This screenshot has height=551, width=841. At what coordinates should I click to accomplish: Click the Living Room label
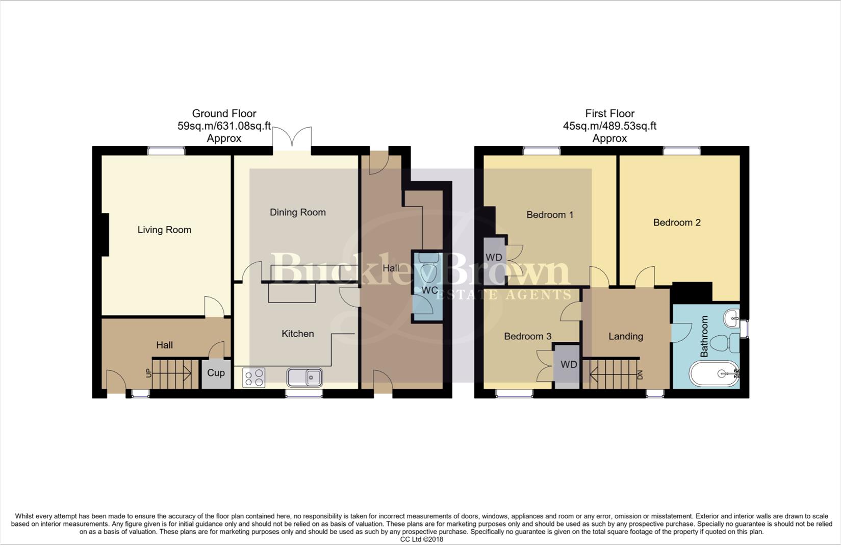164,230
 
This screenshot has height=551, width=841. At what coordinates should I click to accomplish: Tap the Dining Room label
297,212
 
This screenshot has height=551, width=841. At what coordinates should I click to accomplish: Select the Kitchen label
297,334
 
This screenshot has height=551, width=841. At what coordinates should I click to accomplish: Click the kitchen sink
304,378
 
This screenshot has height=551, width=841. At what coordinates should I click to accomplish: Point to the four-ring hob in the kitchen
253,378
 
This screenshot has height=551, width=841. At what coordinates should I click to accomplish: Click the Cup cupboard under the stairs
216,373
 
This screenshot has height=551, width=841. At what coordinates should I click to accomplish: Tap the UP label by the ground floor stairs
149,373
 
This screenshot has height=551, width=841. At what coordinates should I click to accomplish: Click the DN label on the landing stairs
640,374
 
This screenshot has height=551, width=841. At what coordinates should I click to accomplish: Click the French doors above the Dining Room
292,138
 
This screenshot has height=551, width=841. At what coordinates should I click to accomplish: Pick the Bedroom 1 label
549,215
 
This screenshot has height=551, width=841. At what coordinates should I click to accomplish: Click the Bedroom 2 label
676,222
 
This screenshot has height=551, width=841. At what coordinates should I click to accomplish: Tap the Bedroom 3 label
527,336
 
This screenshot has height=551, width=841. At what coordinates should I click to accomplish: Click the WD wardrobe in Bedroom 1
494,258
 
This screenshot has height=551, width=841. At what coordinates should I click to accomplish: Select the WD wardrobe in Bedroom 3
568,365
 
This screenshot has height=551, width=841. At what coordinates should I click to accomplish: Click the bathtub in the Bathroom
713,374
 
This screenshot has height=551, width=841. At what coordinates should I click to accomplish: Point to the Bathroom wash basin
732,318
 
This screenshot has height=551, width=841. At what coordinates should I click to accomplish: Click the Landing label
625,336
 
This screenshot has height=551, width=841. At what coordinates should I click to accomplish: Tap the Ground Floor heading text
224,114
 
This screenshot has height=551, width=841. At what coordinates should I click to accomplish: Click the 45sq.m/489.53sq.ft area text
609,126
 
